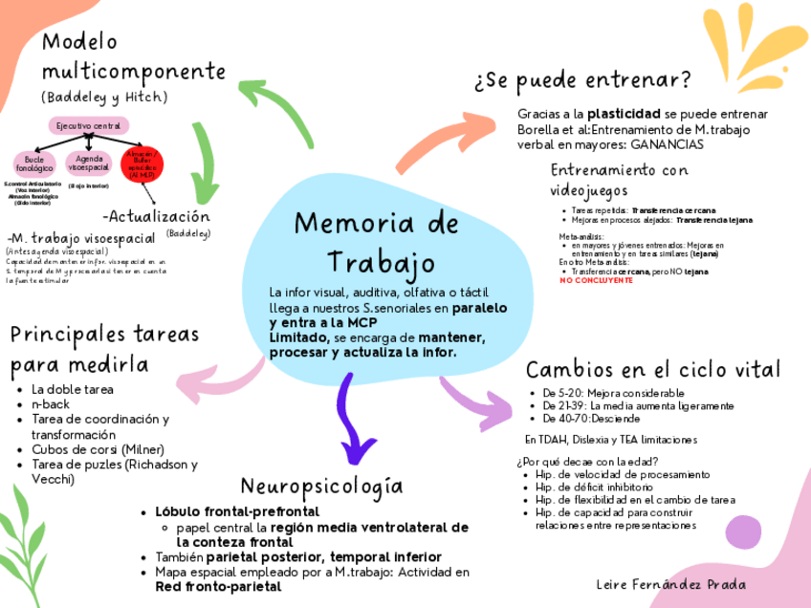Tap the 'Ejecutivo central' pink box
[88, 126]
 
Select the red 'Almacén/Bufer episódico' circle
[143, 163]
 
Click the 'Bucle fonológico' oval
[33, 163]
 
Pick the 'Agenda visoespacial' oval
[89, 163]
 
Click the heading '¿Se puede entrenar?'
[582, 79]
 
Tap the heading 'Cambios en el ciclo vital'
[653, 370]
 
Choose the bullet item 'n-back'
[51, 404]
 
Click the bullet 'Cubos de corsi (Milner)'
[98, 449]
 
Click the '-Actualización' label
[155, 216]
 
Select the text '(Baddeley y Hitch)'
[104, 98]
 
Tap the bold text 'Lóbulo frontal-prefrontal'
[236, 511]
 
